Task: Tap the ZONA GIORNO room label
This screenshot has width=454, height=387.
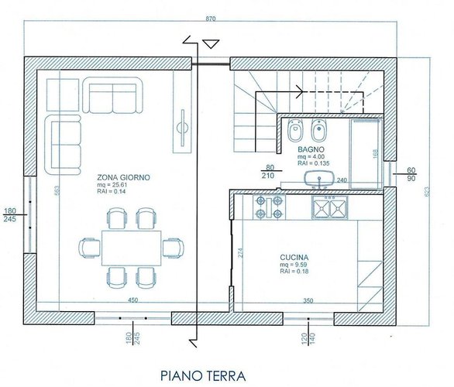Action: click(124, 177)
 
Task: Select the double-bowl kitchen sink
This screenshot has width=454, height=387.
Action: click(331, 207)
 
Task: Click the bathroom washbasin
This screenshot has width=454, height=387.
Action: click(318, 180)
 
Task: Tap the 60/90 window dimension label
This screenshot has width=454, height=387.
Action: click(411, 174)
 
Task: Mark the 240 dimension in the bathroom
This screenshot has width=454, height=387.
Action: click(342, 181)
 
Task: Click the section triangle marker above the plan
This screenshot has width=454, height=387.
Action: click(209, 43)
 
